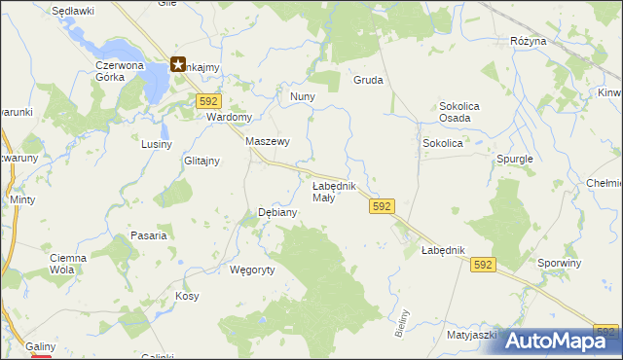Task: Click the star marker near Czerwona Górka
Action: pyautogui.click(x=179, y=65)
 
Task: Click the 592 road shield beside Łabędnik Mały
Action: pyautogui.click(x=382, y=206)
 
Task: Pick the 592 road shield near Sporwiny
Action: pyautogui.click(x=483, y=264)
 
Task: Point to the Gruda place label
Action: pyautogui.click(x=368, y=81)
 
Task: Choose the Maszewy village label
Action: pyautogui.click(x=268, y=141)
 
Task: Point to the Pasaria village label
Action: pyautogui.click(x=149, y=235)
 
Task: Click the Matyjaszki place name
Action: pyautogui.click(x=472, y=335)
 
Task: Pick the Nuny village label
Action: pyautogui.click(x=302, y=97)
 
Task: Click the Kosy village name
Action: pyautogui.click(x=187, y=295)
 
